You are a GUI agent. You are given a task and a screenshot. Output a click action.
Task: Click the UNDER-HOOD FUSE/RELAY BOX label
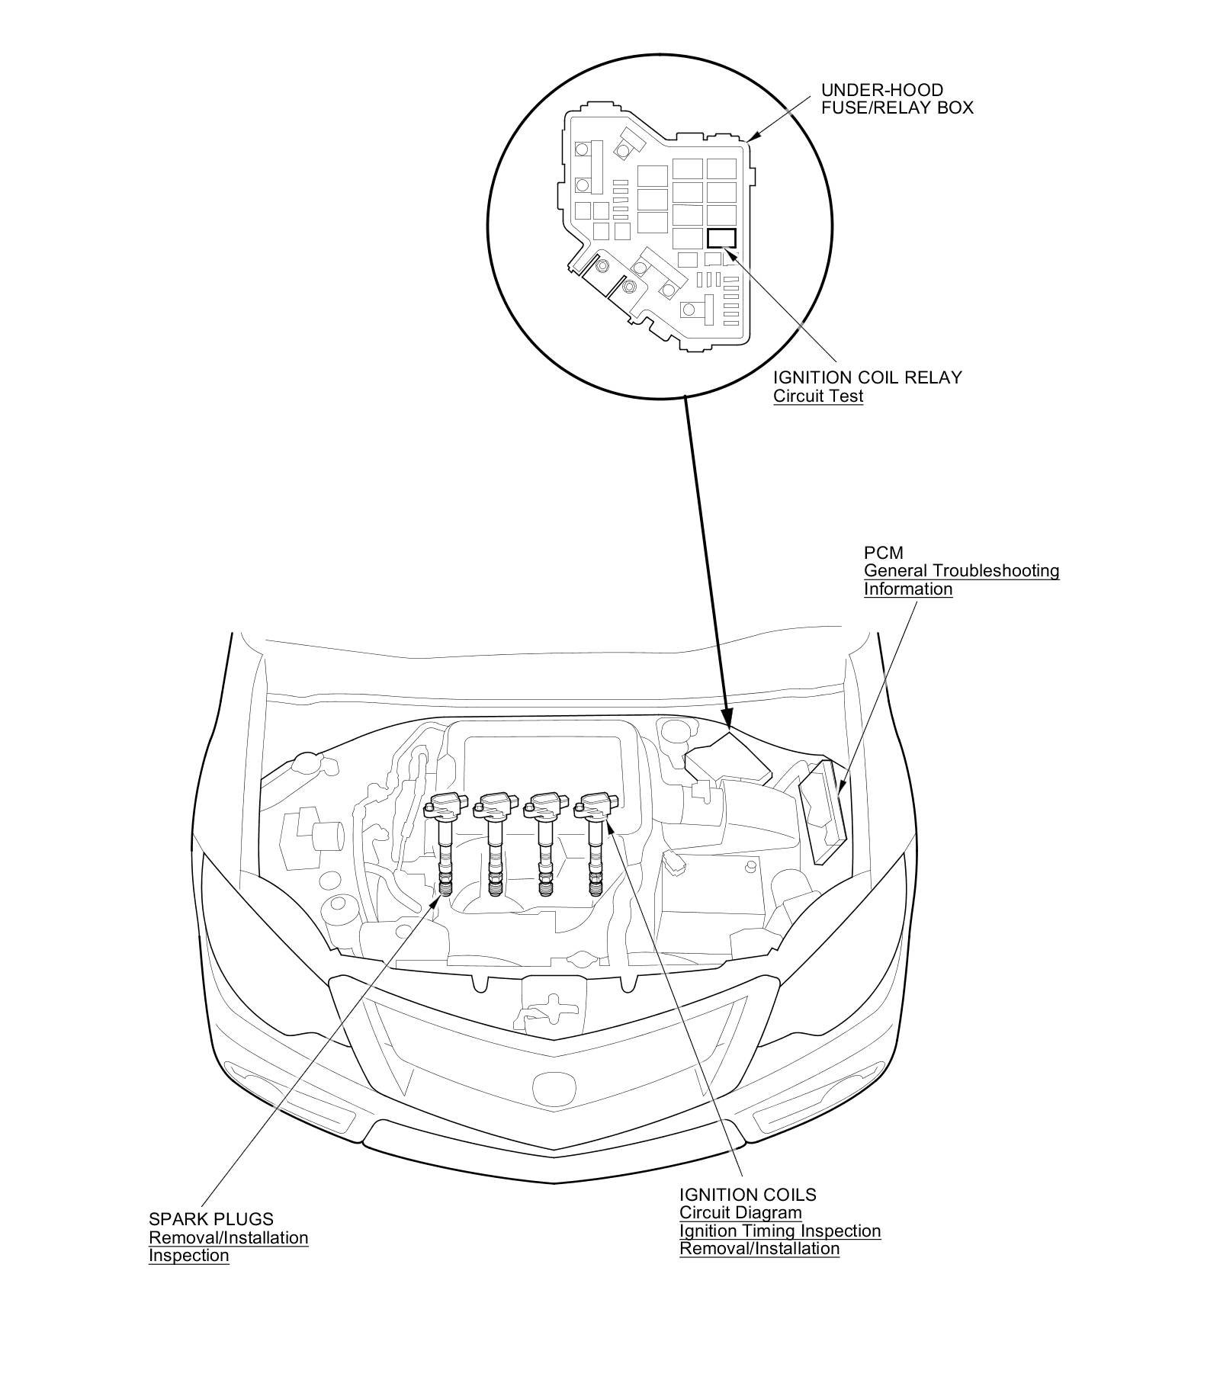[897, 98]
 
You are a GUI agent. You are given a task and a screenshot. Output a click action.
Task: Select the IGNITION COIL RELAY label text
[868, 377]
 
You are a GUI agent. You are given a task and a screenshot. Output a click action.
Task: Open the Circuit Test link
[818, 396]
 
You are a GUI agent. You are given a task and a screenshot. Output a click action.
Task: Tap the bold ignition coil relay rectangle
[721, 237]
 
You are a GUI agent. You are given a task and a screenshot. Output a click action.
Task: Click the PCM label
[883, 552]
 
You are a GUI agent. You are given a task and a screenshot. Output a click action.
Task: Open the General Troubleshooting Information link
[962, 579]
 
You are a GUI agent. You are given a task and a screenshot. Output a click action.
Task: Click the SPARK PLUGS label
[210, 1219]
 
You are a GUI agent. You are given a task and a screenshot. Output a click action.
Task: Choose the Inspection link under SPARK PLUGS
[188, 1256]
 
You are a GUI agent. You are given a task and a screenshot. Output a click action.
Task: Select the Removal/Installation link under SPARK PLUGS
[228, 1237]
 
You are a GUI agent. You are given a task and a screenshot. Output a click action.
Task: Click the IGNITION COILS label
[747, 1195]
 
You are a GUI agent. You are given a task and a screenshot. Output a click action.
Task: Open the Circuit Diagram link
[740, 1212]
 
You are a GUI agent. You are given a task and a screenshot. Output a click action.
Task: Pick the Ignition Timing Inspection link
[780, 1231]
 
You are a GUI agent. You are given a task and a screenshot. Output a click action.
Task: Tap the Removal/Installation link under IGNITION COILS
[759, 1249]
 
